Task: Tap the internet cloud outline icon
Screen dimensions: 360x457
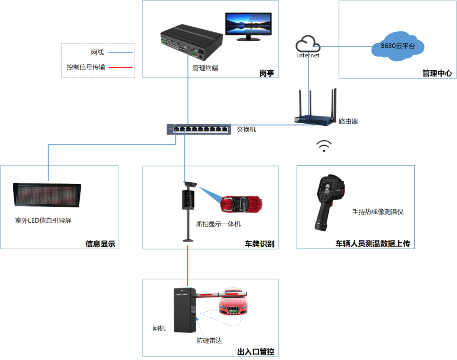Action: click(308, 44)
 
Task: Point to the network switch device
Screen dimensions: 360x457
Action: click(199, 129)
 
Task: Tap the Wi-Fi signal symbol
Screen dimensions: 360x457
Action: click(324, 146)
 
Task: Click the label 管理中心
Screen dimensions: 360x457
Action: click(437, 73)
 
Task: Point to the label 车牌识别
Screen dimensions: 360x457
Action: click(259, 244)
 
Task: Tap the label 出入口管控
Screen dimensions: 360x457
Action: click(256, 352)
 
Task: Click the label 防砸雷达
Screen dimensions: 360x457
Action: click(209, 341)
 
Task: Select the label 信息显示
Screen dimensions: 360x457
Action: click(100, 244)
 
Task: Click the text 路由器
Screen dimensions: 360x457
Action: click(348, 121)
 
